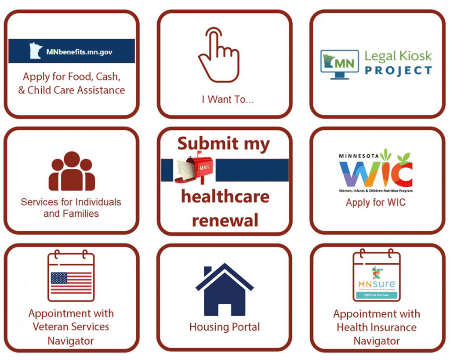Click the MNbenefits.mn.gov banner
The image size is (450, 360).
tap(72, 51)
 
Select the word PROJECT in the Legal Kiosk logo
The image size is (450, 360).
tap(398, 70)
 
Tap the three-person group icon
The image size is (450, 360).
tap(72, 171)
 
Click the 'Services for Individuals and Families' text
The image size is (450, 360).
tap(71, 208)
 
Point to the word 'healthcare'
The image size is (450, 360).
tap(225, 196)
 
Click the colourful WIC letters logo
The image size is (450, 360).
tap(376, 174)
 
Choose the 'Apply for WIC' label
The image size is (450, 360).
tap(376, 203)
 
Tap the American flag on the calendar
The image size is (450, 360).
tap(71, 283)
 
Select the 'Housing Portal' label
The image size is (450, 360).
tap(225, 327)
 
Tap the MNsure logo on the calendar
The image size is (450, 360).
tap(377, 281)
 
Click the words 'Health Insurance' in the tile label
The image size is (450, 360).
tap(377, 327)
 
